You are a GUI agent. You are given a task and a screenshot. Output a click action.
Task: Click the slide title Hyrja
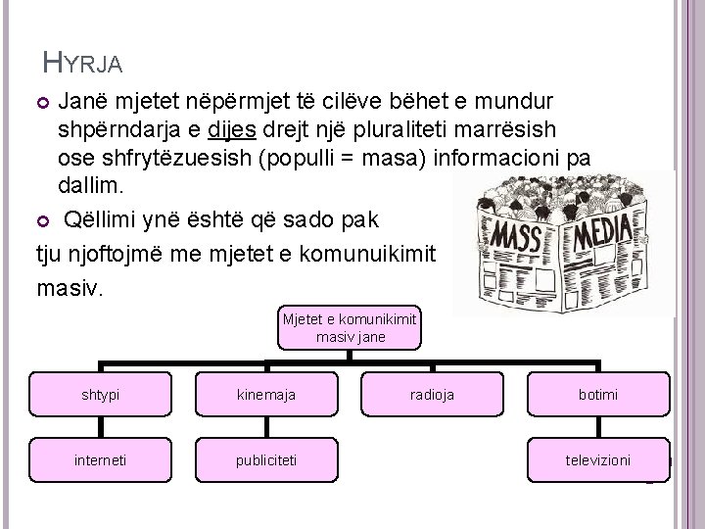click(x=84, y=65)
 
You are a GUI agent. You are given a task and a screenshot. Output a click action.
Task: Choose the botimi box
click(x=597, y=394)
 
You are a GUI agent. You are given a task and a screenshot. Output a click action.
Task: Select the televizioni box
click(x=597, y=459)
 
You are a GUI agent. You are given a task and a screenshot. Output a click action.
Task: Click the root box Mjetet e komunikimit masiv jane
click(x=350, y=328)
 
